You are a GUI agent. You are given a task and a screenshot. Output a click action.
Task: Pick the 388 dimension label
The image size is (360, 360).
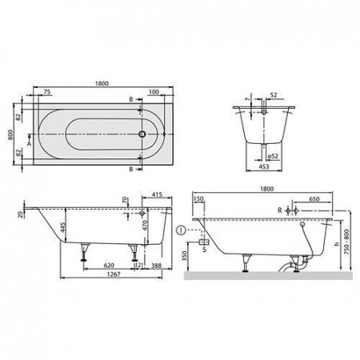(156, 265)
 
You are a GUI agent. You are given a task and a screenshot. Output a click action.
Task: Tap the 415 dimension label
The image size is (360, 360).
(157, 194)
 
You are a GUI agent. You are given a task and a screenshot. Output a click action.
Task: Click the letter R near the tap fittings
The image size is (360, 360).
(278, 210)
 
